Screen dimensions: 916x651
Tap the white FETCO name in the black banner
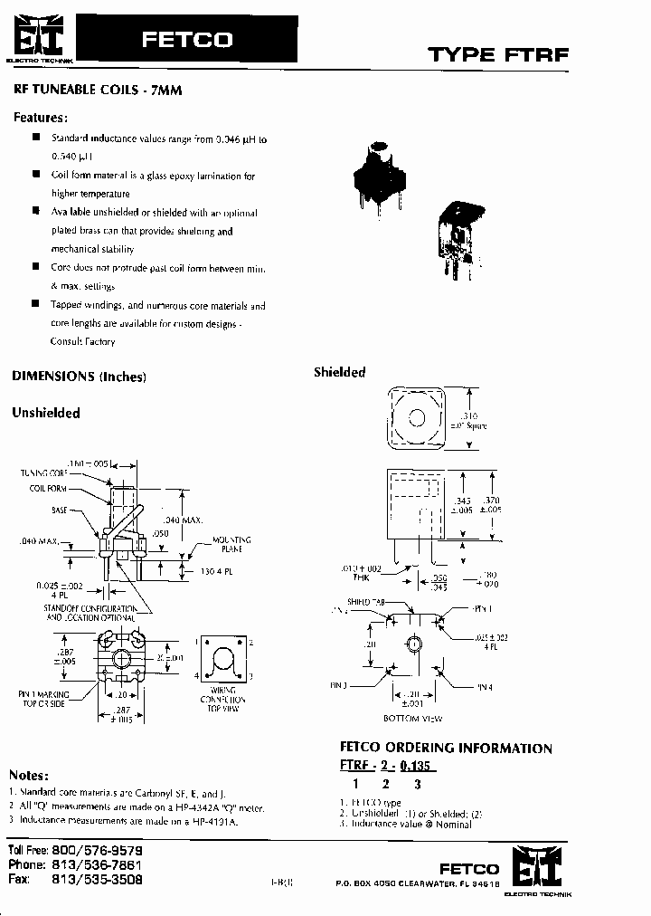187,40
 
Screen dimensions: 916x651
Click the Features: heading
41,118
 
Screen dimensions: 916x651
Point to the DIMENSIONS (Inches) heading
79,377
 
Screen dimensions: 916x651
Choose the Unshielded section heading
46,413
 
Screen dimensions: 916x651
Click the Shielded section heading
339,372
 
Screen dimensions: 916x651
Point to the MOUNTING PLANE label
231,544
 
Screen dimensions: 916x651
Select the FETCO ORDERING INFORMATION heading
445,749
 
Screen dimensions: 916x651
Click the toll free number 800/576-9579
99,852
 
